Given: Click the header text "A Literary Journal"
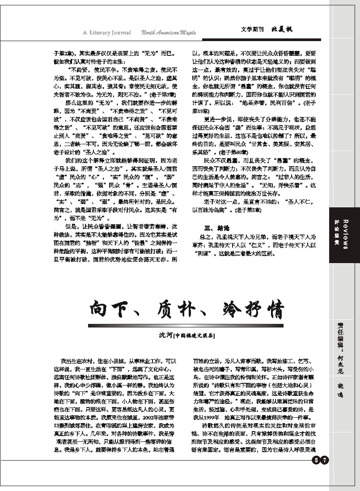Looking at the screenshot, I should pos(107,32).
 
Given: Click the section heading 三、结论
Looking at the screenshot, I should pos(213,227).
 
